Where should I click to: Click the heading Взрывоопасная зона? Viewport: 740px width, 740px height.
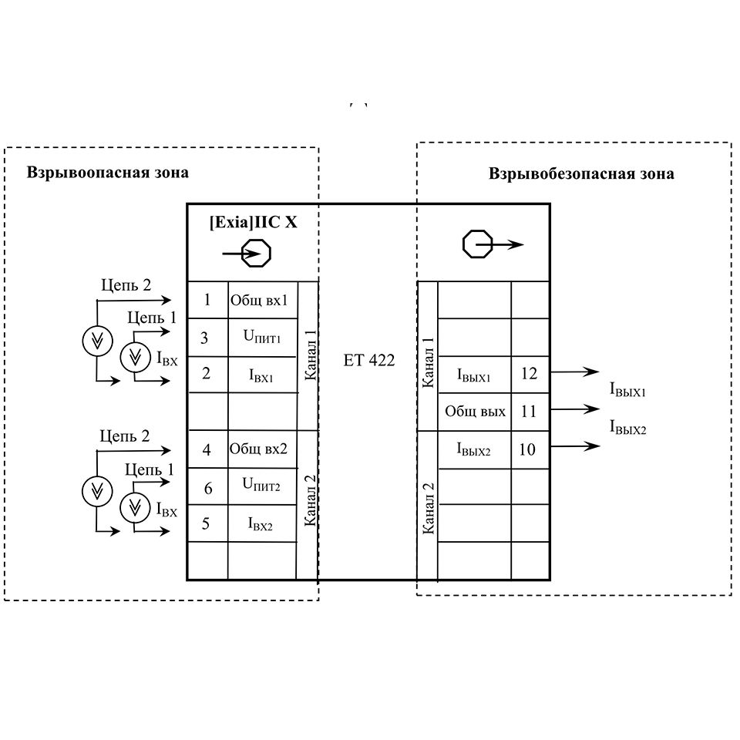(x=107, y=172)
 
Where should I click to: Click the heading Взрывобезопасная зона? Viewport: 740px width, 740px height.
(x=581, y=173)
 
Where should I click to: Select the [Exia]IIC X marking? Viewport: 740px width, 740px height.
(x=253, y=222)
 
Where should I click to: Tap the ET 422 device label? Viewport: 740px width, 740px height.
(x=369, y=359)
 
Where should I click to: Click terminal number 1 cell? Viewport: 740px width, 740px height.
(x=207, y=300)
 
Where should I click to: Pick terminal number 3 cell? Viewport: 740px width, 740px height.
(x=205, y=338)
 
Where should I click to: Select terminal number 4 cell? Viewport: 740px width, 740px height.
(x=207, y=449)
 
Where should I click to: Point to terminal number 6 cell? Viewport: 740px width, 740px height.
(x=207, y=487)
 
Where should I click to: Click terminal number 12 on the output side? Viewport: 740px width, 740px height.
(x=529, y=374)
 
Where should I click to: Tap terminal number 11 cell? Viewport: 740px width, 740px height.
(x=529, y=412)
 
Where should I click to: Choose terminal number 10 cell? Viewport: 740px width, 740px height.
(x=528, y=449)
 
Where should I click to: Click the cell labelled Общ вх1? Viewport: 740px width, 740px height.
(x=259, y=300)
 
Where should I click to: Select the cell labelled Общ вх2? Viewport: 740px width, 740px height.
(x=259, y=449)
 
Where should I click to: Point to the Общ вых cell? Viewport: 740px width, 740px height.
(x=475, y=412)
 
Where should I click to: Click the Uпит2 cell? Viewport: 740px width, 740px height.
(x=261, y=486)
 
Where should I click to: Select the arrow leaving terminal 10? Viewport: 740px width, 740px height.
(x=575, y=446)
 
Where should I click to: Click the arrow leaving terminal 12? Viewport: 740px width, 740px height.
(x=575, y=372)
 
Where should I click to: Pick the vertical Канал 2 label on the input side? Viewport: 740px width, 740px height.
(x=310, y=501)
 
